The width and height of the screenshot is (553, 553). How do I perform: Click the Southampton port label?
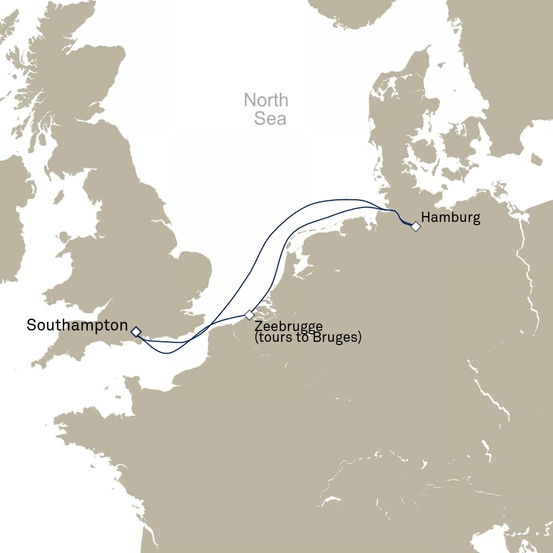coord(77,326)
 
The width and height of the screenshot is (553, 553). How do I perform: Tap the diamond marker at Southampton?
coord(136,331)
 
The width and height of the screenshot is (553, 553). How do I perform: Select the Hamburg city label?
coord(450,218)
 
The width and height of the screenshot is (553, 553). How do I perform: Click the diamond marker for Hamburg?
coord(415,227)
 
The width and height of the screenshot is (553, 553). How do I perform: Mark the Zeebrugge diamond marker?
coord(249,315)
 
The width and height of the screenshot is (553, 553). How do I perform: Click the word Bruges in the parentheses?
coord(337,338)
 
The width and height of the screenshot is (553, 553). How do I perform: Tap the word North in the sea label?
coord(266,100)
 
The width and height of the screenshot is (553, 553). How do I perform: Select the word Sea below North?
coord(269,119)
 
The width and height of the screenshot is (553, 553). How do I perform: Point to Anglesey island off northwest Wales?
coord(65,237)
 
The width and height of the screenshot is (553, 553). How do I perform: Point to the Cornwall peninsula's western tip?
coord(35,365)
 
